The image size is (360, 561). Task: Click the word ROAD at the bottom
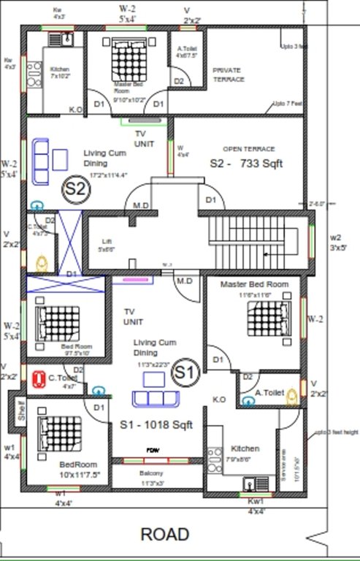(x=165, y=534)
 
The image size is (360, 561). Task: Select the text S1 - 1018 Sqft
(x=156, y=424)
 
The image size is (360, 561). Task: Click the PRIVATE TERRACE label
(x=228, y=75)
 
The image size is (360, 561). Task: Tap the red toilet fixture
(x=39, y=378)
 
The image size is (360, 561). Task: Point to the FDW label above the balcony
(x=153, y=450)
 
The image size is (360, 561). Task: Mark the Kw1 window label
(x=256, y=503)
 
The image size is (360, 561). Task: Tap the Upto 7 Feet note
(x=288, y=104)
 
